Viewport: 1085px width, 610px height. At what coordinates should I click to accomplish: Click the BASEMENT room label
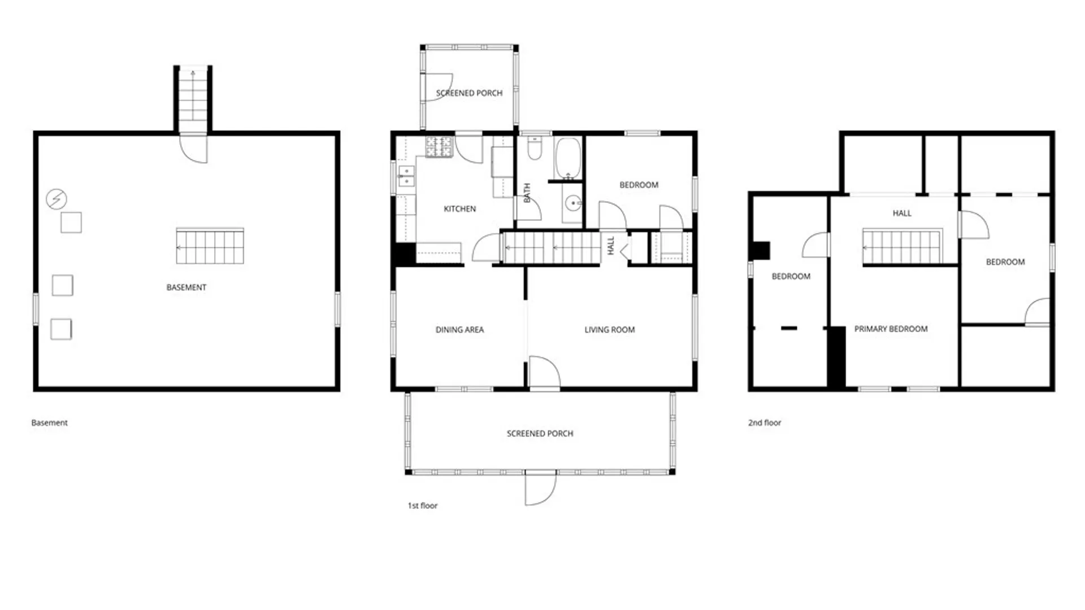pos(186,287)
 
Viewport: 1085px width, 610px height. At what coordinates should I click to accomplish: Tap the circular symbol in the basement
pos(56,199)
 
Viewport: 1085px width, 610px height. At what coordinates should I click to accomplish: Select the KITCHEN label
pos(459,209)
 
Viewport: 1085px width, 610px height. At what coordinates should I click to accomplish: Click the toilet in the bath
pos(535,149)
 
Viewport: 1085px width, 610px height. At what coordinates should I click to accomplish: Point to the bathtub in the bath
pos(567,158)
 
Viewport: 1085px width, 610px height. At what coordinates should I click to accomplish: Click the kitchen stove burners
pos(439,147)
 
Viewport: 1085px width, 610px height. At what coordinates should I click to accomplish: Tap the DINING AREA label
pos(459,330)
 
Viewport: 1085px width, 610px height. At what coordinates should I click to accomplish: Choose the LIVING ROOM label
pos(609,330)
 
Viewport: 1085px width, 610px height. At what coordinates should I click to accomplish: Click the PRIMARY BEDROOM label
pos(891,329)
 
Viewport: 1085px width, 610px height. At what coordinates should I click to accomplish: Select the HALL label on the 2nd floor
pos(902,213)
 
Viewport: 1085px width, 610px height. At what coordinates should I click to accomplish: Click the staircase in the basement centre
pos(210,246)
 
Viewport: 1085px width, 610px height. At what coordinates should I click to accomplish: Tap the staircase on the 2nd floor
pos(902,246)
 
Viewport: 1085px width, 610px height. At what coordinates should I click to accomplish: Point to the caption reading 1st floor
pos(423,506)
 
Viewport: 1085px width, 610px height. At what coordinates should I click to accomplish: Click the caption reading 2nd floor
pos(765,422)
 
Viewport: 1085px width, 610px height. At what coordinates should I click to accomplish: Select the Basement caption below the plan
pos(49,422)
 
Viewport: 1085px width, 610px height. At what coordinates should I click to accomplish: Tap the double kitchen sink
pos(406,176)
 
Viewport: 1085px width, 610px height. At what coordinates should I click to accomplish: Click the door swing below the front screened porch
pos(540,489)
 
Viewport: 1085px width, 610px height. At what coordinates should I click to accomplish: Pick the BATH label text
pos(527,193)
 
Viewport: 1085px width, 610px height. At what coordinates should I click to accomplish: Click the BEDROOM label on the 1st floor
pos(639,185)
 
